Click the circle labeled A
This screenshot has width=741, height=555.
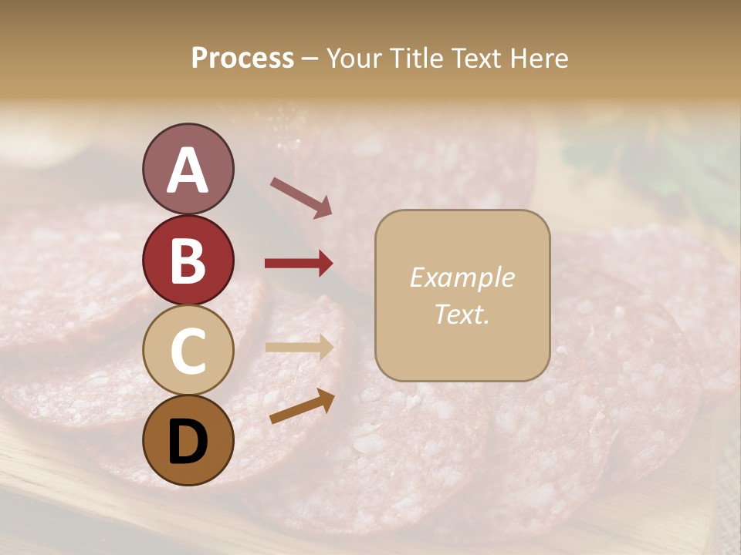coord(188,169)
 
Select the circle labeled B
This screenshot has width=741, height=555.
coord(188,261)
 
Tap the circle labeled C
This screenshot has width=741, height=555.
coord(188,350)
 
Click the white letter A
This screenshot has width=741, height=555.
coord(188,170)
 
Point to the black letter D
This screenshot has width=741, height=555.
coord(188,442)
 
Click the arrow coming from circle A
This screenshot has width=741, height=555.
coord(301,197)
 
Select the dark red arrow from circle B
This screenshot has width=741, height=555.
coord(299,264)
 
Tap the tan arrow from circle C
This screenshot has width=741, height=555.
coord(299,347)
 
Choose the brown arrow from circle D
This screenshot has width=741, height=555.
coord(302,406)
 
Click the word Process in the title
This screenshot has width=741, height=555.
coord(242,58)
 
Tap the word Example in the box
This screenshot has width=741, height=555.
coord(462,277)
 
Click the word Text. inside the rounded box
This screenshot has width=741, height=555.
coord(462,314)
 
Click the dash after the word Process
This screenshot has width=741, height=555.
coord(310,59)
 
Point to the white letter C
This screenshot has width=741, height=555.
coord(188,351)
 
